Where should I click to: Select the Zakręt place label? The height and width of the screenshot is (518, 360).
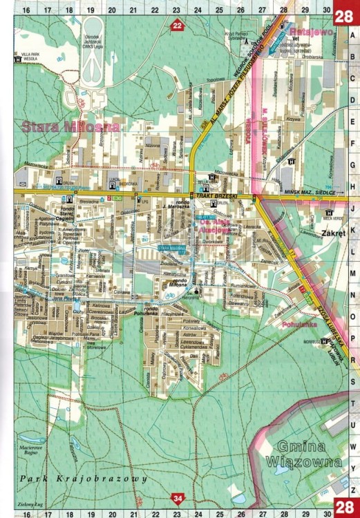[333, 233]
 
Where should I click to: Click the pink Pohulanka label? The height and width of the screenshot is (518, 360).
[296, 323]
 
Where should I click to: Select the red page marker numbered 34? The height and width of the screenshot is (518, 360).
[179, 498]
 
